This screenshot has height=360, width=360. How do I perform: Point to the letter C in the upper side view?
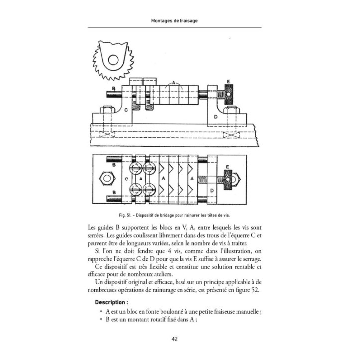click(x=126, y=109)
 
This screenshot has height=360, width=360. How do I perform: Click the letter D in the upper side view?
click(x=214, y=116)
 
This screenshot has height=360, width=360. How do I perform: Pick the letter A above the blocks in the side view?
click(x=173, y=81)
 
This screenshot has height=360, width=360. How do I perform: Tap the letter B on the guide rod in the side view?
click(x=114, y=88)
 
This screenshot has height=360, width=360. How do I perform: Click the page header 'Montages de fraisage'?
click(x=180, y=20)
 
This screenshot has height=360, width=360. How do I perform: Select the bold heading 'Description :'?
click(x=111, y=302)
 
